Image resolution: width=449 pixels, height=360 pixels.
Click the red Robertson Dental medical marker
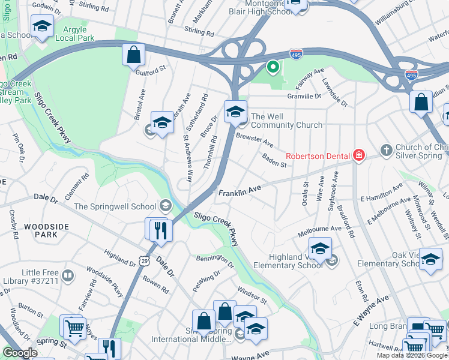click(359, 156)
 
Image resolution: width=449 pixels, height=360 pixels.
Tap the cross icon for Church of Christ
click(387, 149)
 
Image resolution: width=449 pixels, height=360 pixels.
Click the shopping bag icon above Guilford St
click(133, 56)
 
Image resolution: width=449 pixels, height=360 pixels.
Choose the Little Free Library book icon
click(68, 276)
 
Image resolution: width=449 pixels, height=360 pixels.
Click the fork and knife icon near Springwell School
click(160, 230)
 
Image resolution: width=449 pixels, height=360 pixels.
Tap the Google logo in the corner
click(20, 353)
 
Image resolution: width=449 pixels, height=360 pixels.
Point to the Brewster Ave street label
click(255, 141)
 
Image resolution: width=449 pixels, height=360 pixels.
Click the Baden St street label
click(274, 160)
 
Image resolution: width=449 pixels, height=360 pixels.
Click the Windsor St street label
click(252, 294)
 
